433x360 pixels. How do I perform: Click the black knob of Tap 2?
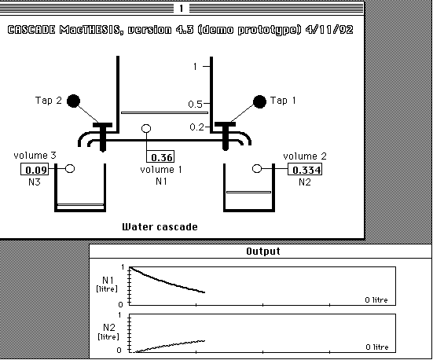tap(73, 101)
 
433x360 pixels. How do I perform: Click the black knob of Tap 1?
tap(259, 101)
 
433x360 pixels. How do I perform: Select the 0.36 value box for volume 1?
tap(160, 156)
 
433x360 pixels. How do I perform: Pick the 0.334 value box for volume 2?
tap(305, 169)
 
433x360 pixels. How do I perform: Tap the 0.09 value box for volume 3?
tap(35, 169)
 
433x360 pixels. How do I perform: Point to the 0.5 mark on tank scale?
tap(195, 105)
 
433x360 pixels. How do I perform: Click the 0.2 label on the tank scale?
tap(197, 127)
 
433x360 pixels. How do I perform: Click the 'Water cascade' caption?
tap(160, 227)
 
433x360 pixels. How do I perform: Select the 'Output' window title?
tap(263, 252)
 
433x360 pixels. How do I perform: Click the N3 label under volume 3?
tap(35, 182)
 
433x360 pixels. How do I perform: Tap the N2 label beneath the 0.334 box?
tap(305, 182)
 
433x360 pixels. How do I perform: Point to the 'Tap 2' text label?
tap(48, 101)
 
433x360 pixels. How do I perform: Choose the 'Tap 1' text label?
tap(283, 101)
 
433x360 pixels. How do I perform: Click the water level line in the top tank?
tap(164, 112)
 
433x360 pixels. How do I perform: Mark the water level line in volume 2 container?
tap(248, 192)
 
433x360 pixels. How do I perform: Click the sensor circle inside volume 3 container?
tap(70, 168)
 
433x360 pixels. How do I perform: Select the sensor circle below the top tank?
tap(146, 128)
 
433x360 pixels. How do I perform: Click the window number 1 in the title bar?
tap(182, 9)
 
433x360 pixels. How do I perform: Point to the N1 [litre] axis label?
tap(107, 285)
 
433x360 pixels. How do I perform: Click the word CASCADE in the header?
tap(31, 30)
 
